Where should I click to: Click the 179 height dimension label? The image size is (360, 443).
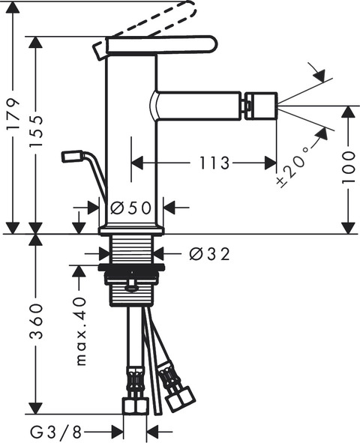13,114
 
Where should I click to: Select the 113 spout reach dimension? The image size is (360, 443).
214,163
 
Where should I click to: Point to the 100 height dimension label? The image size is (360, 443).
348,167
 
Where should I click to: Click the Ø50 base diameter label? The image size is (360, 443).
130,208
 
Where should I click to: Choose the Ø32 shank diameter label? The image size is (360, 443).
209,254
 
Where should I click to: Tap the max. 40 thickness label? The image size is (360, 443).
81,331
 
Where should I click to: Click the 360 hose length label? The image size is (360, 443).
36,322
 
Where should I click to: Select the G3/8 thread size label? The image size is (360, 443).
55,432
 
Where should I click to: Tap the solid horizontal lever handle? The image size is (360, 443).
161,45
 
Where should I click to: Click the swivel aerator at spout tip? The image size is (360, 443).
261,106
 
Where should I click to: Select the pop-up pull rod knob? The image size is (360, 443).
71,156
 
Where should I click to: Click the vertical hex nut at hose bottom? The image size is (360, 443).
135,406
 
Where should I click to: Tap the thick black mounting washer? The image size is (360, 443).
131,267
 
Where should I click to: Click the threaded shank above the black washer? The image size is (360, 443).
132,250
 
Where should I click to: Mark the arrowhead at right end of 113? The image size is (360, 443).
271,163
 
